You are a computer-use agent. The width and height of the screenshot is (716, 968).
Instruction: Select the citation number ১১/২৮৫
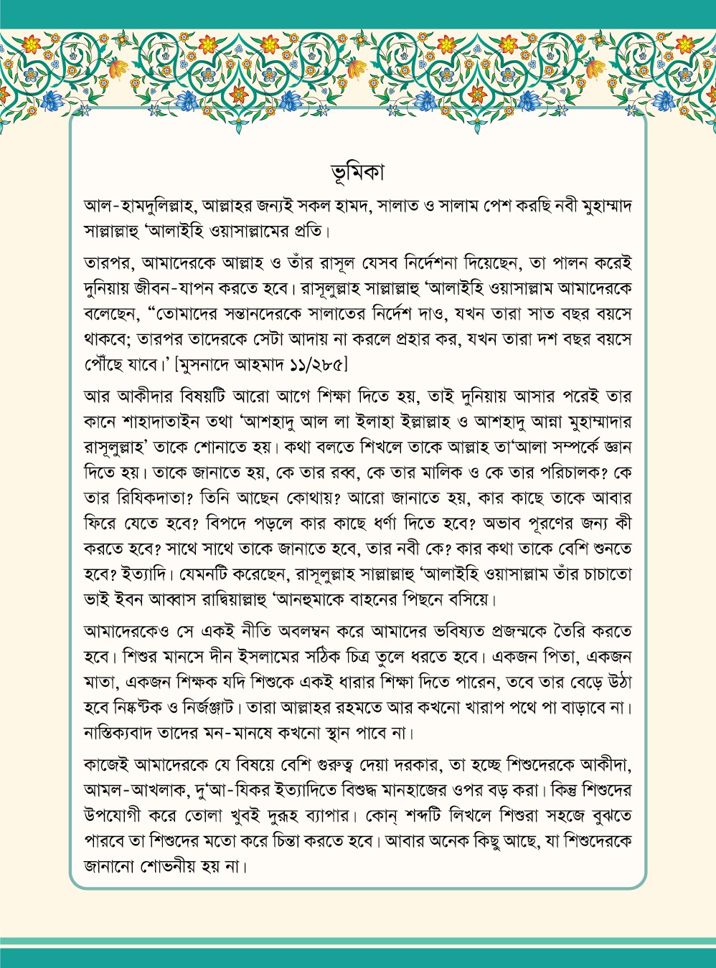[311, 365]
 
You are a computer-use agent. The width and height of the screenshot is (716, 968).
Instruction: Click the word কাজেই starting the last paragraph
[105, 765]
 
